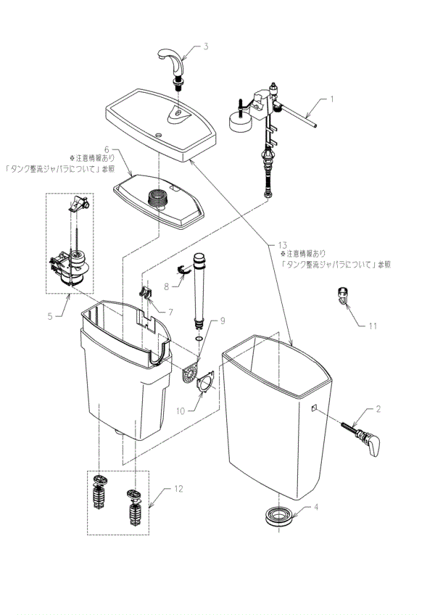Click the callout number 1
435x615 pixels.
pyautogui.click(x=332, y=98)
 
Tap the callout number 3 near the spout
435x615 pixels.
pyautogui.click(x=206, y=46)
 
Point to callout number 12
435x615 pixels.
pyautogui.click(x=178, y=489)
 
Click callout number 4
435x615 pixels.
pyautogui.click(x=316, y=507)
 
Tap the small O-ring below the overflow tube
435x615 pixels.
pyautogui.click(x=199, y=337)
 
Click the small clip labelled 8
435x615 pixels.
pyautogui.click(x=183, y=272)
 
